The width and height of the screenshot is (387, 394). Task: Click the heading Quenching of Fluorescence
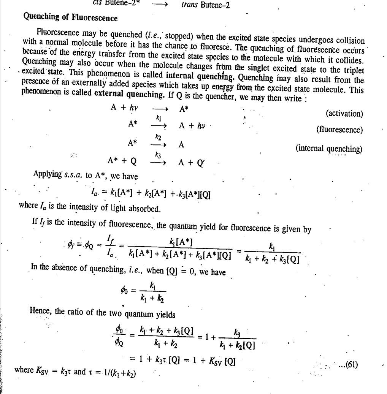[x=70, y=17]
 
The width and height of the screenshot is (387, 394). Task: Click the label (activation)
[x=344, y=114]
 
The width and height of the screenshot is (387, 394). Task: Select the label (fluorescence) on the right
[x=339, y=130]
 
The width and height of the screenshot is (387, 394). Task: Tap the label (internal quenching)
[x=329, y=149]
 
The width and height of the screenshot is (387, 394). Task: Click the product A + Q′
[x=192, y=163]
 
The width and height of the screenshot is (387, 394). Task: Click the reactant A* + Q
[x=122, y=161]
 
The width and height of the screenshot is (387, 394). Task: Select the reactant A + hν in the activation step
[x=124, y=108]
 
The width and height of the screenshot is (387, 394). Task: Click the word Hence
[x=40, y=311]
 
